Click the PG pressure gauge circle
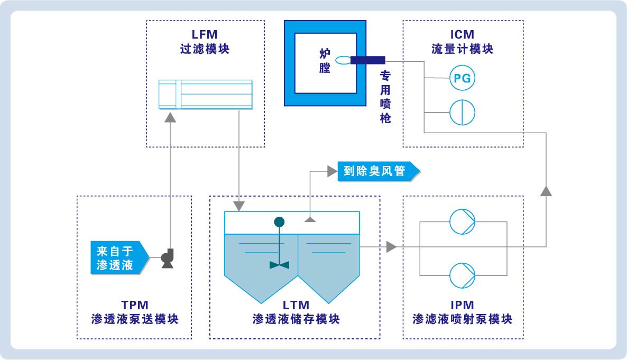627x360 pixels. click(x=462, y=79)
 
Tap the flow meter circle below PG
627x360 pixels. click(x=462, y=112)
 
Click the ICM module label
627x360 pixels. click(x=462, y=42)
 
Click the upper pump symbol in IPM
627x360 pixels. click(x=462, y=222)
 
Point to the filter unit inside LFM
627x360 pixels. click(x=206, y=94)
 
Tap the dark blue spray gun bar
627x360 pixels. click(x=367, y=60)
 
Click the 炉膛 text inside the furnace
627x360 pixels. click(x=325, y=60)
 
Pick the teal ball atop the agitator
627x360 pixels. click(x=279, y=222)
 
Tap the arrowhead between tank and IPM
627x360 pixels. click(x=391, y=246)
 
